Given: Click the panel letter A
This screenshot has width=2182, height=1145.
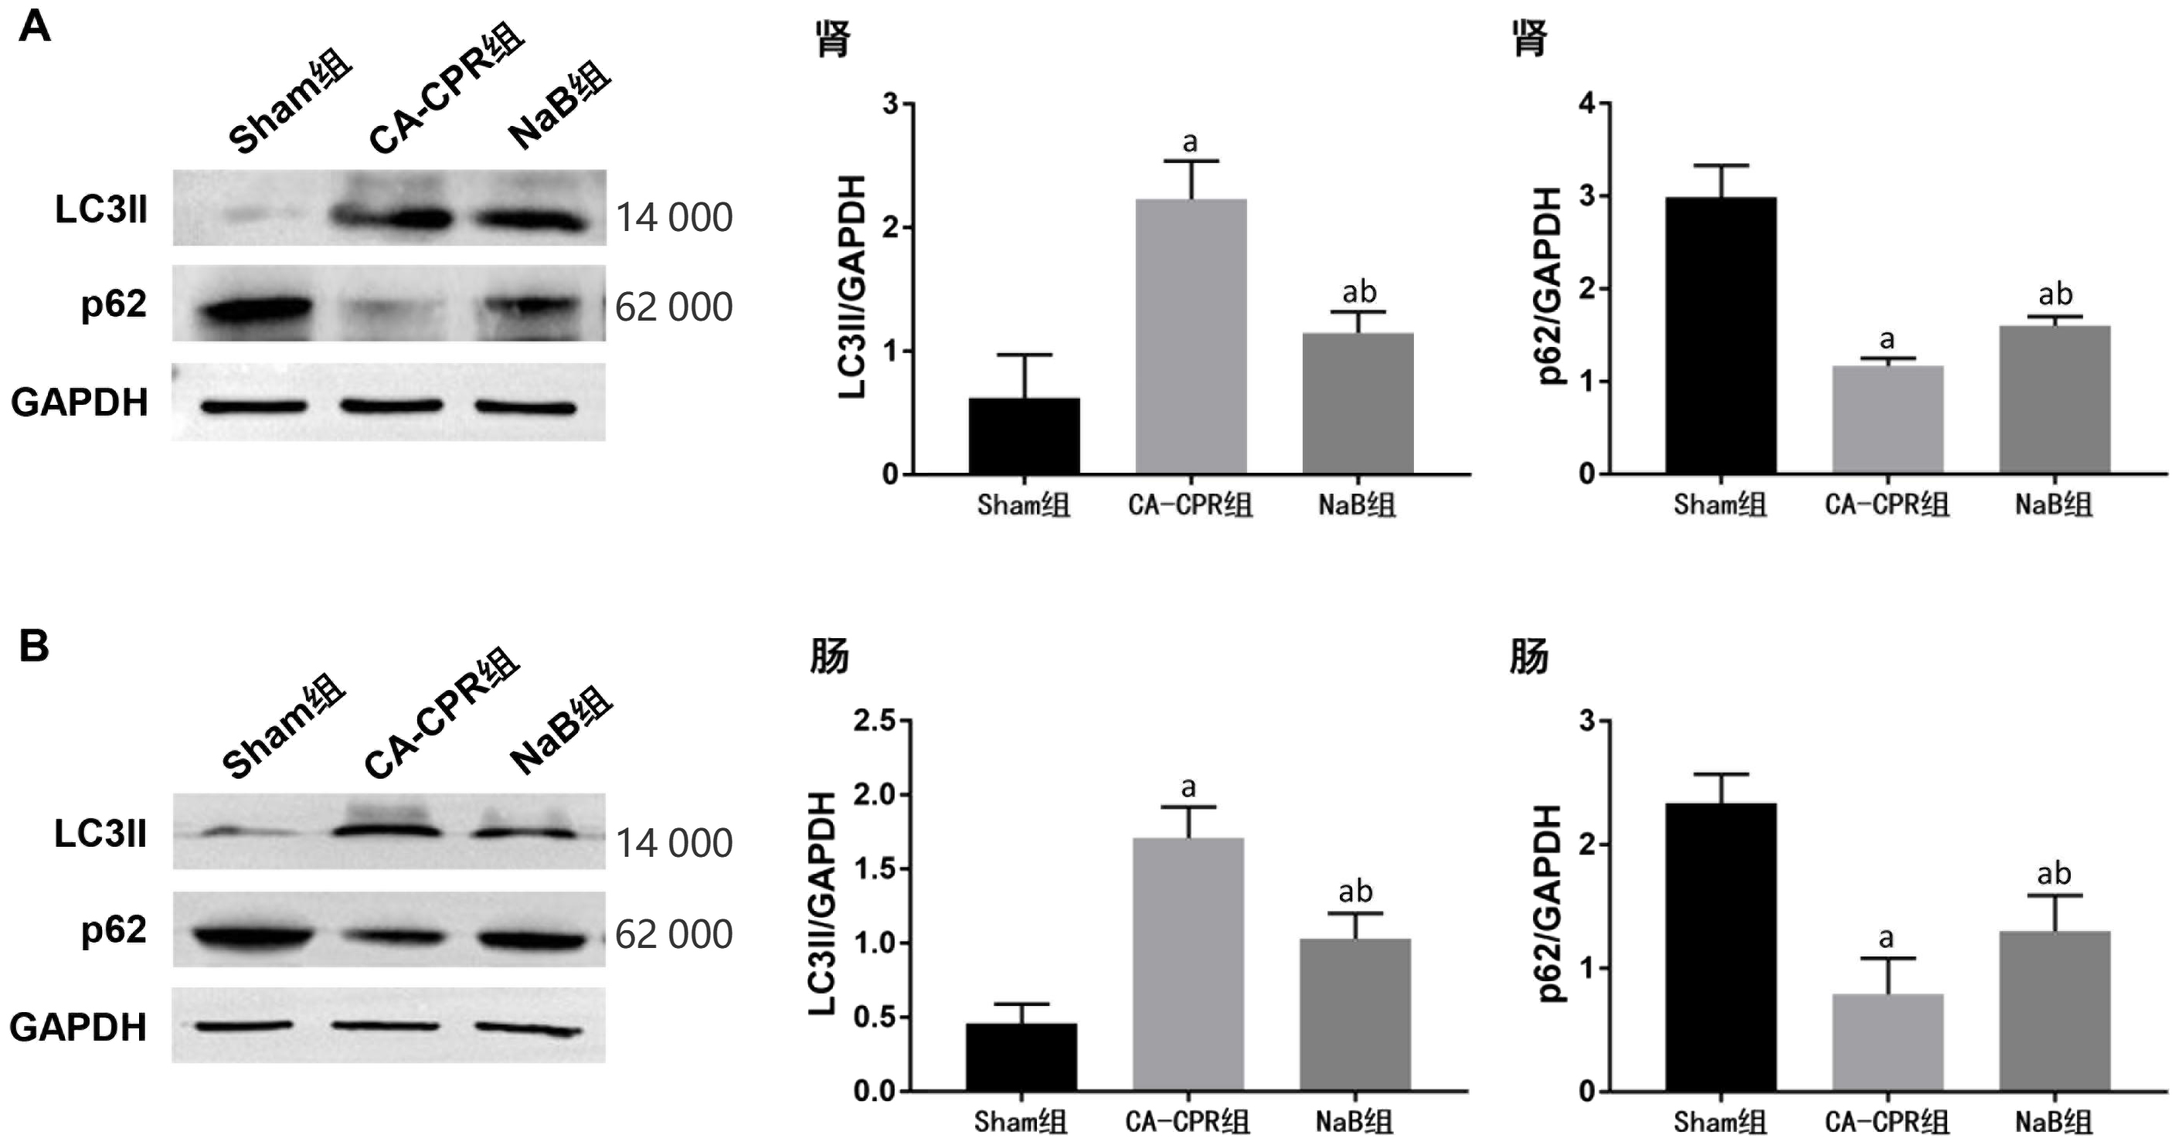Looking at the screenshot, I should click(35, 28).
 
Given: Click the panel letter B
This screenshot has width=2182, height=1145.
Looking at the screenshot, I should click(34, 647).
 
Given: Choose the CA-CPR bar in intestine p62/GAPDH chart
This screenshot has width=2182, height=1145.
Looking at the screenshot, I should click(1887, 1041).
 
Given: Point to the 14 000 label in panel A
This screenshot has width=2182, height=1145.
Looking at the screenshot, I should click(674, 219).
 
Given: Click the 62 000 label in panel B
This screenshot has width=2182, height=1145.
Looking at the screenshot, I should click(674, 935).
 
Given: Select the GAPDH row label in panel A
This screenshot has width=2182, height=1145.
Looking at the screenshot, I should click(80, 403).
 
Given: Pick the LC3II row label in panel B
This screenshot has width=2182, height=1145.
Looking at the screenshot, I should click(100, 834).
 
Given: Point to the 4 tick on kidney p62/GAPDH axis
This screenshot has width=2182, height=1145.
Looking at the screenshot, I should click(1586, 104).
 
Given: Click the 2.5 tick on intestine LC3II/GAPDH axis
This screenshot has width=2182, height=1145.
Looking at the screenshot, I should click(874, 722).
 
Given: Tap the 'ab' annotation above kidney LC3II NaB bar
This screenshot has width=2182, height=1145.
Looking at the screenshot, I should click(1358, 292).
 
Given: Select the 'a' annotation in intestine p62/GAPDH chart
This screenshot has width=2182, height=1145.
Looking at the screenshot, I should click(1886, 937).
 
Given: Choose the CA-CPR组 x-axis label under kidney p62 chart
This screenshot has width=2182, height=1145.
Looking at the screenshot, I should click(1886, 505).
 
